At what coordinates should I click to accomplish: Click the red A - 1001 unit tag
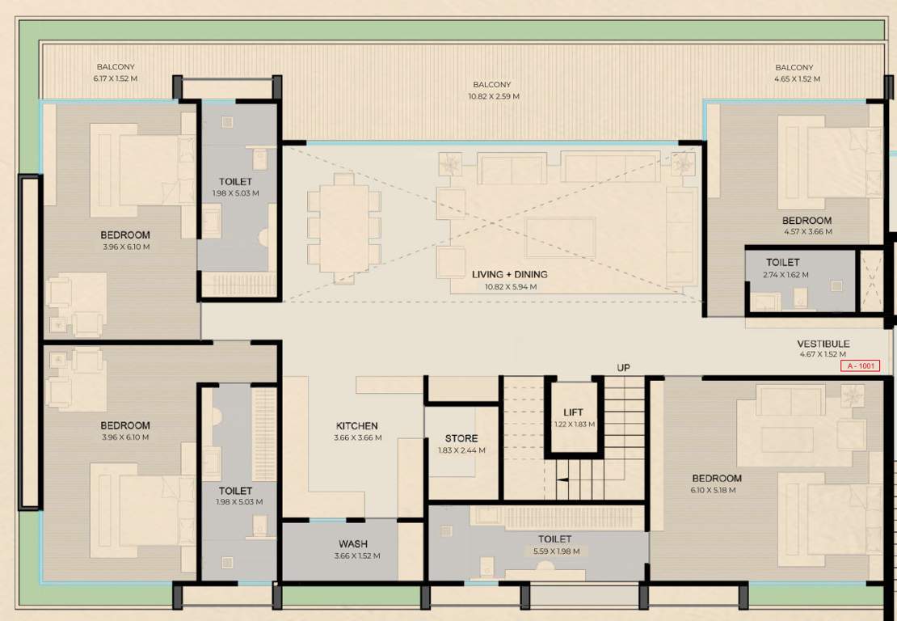(861, 366)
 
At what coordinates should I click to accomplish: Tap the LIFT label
(574, 413)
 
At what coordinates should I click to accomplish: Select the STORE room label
(461, 439)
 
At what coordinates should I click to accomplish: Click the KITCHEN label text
(357, 426)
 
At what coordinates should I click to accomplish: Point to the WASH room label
(353, 544)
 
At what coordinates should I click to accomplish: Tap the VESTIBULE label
(823, 344)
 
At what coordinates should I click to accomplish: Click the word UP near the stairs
(624, 368)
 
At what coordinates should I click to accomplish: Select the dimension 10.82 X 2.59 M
(492, 96)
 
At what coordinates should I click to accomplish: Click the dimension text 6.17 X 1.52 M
(116, 79)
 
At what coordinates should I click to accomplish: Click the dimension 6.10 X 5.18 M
(716, 490)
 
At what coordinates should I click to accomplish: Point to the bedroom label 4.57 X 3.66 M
(806, 232)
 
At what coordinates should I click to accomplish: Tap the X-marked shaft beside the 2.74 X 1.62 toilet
(872, 281)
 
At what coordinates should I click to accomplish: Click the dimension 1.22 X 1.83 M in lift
(574, 425)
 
